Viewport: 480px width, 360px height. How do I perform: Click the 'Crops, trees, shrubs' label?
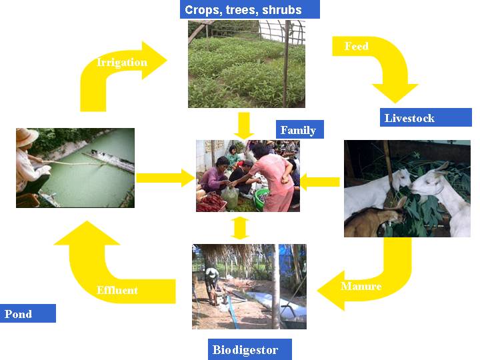[x=249, y=9]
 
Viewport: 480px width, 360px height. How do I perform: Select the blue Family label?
[x=298, y=129]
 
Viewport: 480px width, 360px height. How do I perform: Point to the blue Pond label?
[x=27, y=313]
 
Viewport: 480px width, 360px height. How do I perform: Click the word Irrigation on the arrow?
[x=122, y=63]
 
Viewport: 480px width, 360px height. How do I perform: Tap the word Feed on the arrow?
[x=357, y=47]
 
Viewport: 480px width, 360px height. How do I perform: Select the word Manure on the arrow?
[x=361, y=286]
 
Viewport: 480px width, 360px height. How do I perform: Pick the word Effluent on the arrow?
[x=117, y=290]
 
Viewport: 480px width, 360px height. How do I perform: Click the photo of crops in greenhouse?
[x=246, y=64]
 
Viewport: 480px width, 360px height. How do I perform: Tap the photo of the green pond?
[x=75, y=167]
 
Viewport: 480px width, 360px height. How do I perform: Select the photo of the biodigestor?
[x=249, y=287]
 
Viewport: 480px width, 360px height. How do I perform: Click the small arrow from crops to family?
[x=244, y=125]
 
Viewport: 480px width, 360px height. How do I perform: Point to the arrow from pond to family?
[x=164, y=177]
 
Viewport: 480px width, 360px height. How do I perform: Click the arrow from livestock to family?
[x=320, y=179]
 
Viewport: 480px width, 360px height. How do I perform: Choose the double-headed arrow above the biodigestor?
[x=241, y=227]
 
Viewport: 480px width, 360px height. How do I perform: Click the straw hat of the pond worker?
[x=27, y=137]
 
